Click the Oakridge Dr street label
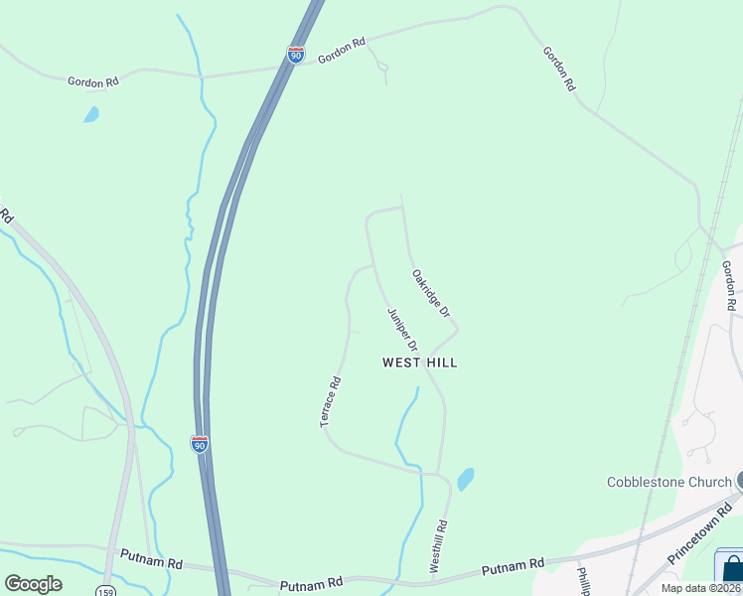tap(431, 293)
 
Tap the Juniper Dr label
tap(401, 328)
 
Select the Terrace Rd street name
tap(331, 402)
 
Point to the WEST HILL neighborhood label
tap(420, 363)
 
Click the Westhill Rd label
tap(439, 544)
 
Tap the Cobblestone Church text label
tap(669, 483)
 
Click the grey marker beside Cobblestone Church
tap(740, 480)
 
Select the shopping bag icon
tap(733, 569)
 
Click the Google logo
tap(34, 584)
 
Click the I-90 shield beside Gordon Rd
tap(296, 55)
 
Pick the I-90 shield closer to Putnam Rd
tap(200, 444)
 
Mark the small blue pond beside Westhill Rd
tap(465, 480)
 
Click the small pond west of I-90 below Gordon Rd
tap(91, 114)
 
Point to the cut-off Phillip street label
tap(584, 579)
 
